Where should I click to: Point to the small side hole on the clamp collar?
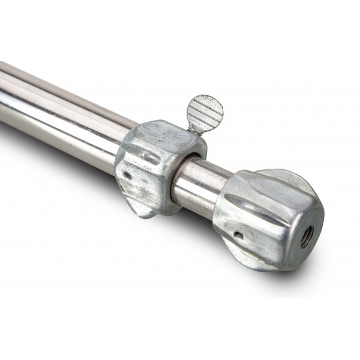pyautogui.click(x=127, y=176)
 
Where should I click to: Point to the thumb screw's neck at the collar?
pyautogui.click(x=193, y=128)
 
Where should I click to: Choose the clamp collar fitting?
pyautogui.click(x=156, y=168)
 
